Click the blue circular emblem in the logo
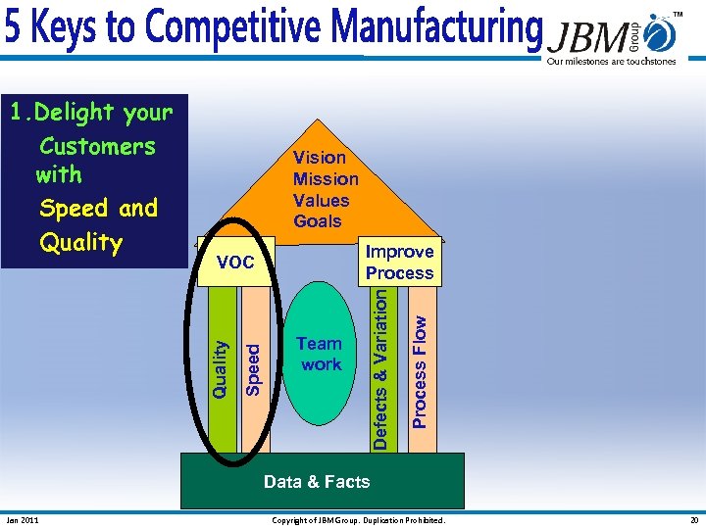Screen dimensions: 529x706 (661, 35)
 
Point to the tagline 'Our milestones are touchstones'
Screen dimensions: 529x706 (611, 62)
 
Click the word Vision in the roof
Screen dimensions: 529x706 (320, 157)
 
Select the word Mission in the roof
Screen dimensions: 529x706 (326, 178)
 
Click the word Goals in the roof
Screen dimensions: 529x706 (318, 221)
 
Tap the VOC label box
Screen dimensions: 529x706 (235, 262)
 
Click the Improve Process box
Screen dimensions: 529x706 (399, 263)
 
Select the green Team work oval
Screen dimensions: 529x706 (320, 354)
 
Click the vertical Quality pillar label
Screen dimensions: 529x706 (222, 367)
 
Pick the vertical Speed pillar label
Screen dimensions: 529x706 (253, 367)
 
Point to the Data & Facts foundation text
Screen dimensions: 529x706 (317, 481)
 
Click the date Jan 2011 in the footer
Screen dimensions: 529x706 (23, 520)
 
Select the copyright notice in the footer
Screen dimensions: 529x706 (358, 520)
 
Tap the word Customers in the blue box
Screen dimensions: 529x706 (97, 147)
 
